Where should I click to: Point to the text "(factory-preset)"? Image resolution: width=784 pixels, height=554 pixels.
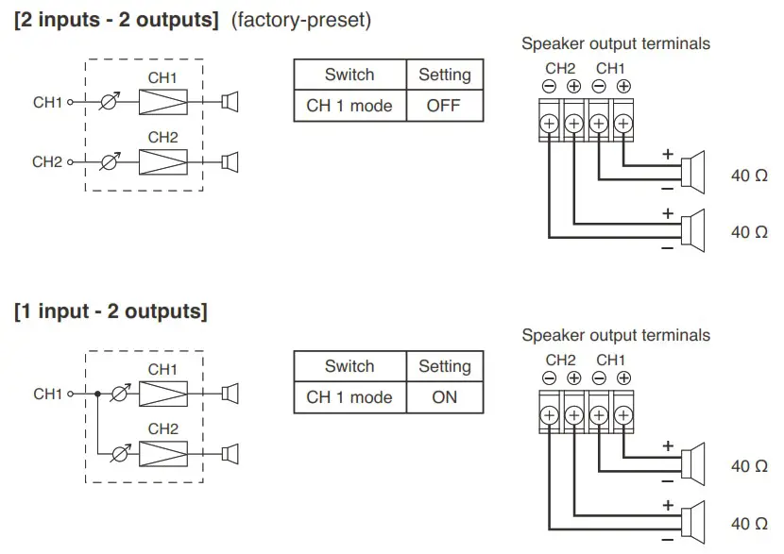click(301, 21)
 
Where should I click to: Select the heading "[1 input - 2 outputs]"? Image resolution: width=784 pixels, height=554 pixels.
click(111, 311)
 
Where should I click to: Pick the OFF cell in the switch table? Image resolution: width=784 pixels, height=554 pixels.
click(443, 106)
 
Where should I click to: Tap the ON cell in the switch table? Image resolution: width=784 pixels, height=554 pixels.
click(444, 397)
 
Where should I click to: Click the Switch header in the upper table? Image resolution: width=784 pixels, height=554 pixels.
click(349, 75)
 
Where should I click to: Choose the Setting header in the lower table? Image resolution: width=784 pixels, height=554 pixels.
click(444, 366)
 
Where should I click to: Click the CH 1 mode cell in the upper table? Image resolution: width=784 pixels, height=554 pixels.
click(349, 106)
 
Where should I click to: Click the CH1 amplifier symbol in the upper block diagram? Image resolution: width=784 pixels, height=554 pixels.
click(162, 102)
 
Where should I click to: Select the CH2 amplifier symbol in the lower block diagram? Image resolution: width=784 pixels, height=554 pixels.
click(162, 454)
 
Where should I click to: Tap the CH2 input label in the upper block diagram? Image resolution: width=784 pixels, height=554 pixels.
click(47, 162)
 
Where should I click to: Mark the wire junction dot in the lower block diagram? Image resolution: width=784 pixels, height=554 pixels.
click(96, 394)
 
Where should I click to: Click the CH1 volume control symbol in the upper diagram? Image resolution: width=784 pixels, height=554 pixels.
click(110, 102)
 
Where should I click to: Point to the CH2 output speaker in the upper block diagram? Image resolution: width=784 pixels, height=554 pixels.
click(229, 162)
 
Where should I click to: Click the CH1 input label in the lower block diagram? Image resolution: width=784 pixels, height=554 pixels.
click(47, 394)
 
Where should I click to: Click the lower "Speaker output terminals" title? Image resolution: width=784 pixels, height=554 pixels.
click(615, 335)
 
